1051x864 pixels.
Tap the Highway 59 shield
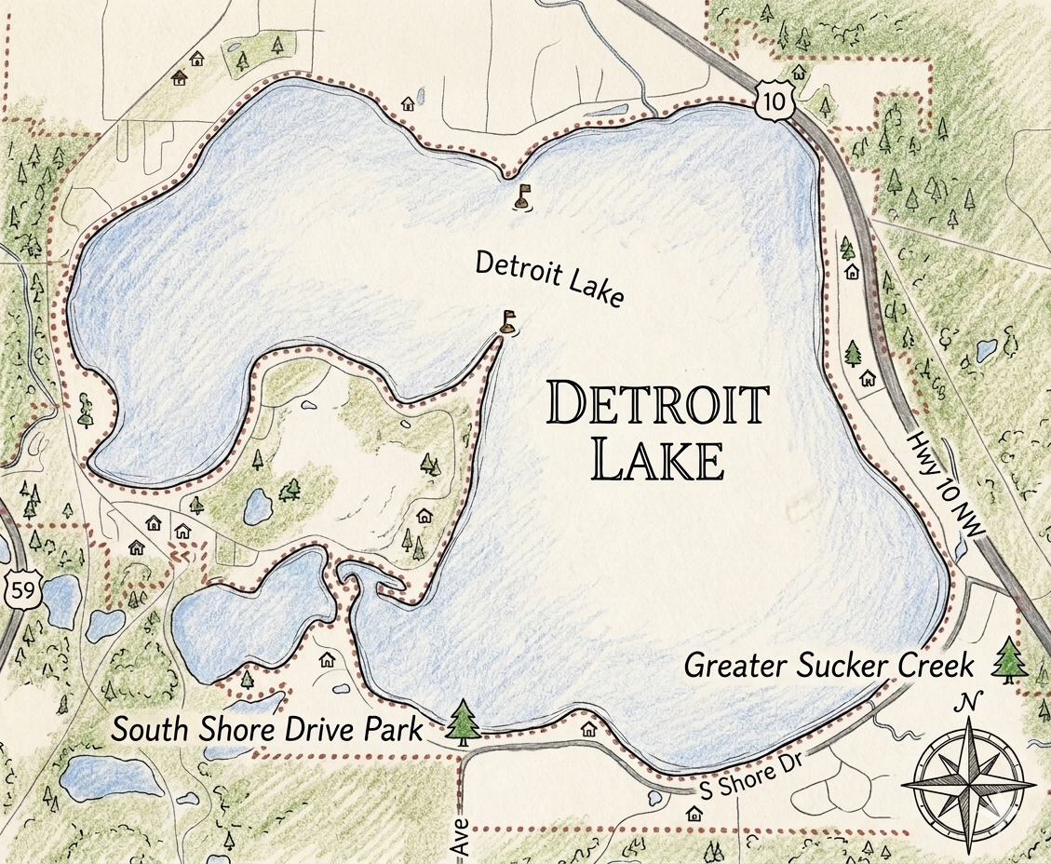18,589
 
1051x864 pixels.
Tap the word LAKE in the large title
658,459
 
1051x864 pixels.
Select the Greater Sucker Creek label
829,666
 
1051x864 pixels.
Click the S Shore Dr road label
745,775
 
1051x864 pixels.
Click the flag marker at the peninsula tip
508,322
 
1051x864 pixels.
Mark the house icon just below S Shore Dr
694,814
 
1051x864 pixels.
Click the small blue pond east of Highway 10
986,351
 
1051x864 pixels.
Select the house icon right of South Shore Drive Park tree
588,729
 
